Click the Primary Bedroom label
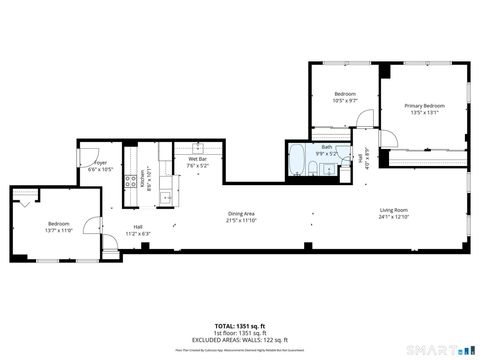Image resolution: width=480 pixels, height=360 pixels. [x=424, y=105]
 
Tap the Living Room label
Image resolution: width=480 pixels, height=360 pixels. [x=394, y=210]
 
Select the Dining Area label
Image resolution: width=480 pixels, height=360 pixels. [x=241, y=213]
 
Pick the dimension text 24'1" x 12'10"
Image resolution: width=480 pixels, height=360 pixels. [x=394, y=217]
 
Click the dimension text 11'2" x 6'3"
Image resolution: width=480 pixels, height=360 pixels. [x=138, y=233]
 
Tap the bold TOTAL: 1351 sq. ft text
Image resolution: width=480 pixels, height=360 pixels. [x=239, y=325]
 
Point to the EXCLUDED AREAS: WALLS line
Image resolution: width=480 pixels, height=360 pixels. [x=239, y=339]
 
